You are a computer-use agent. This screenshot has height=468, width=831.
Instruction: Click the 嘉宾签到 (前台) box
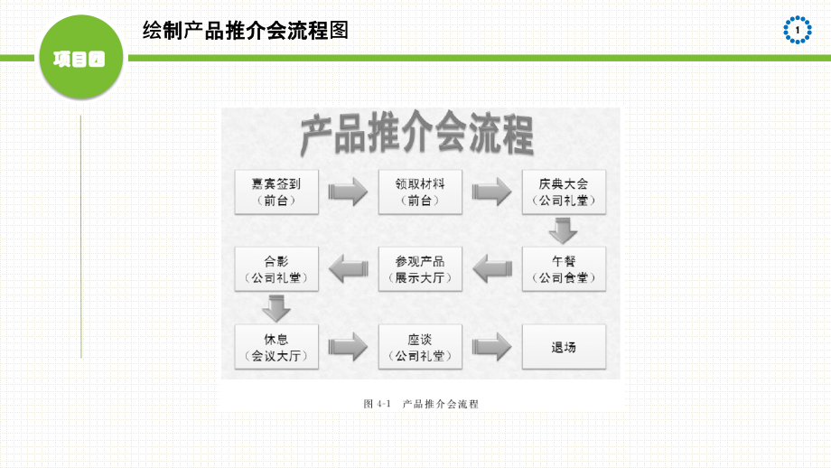276,191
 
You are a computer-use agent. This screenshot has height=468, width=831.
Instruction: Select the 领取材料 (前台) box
420,191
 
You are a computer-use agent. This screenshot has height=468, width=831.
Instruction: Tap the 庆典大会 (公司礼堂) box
564,191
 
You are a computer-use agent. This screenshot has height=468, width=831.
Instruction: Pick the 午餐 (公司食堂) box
564,268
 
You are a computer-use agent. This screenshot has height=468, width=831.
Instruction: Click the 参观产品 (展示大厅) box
420,268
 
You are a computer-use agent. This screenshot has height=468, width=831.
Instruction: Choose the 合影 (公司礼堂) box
276,268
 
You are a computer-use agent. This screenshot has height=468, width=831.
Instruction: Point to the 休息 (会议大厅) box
276,347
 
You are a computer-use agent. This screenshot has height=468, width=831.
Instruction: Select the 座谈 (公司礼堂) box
420,347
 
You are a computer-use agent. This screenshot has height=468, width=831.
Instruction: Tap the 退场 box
564,347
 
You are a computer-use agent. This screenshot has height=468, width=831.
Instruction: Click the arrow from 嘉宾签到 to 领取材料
348,192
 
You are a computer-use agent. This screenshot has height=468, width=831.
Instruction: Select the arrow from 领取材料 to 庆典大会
491,192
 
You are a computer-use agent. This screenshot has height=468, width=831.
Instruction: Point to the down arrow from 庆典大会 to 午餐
564,230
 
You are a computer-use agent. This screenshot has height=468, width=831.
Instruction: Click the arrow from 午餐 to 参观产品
492,268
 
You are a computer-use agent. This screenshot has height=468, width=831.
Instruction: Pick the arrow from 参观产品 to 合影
349,268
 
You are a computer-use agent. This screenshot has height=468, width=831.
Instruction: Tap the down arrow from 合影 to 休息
276,308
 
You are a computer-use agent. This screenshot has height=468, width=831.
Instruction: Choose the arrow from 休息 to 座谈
348,347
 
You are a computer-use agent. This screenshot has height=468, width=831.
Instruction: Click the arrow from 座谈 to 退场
491,347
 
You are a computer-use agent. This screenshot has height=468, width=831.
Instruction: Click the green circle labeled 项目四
79,59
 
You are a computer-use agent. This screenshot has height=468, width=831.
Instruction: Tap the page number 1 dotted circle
798,30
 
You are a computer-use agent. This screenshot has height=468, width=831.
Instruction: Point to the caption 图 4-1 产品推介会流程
420,404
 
